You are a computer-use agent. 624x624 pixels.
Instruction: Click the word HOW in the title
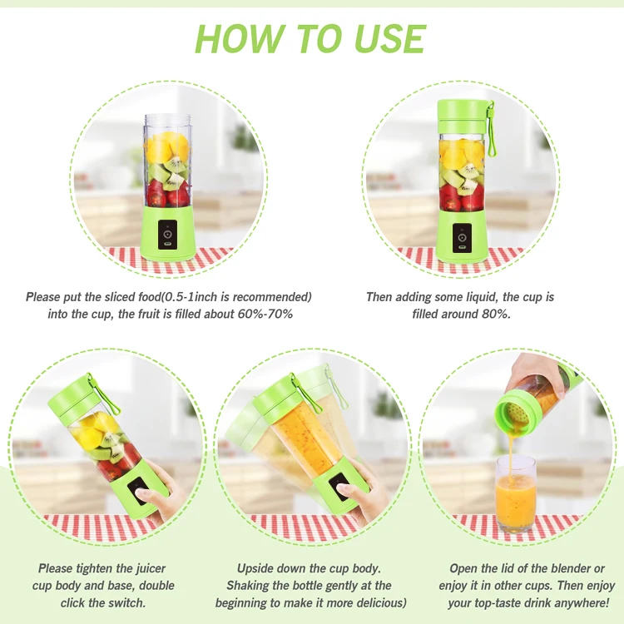tap(238, 38)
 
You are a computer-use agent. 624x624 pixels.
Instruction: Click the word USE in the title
tap(389, 38)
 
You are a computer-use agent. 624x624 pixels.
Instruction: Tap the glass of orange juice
tap(515, 494)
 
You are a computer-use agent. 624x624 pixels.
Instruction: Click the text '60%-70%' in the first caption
tap(265, 314)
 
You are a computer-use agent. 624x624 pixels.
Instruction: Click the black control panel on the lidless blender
tap(167, 235)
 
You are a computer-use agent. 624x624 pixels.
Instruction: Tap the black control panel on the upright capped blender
tap(462, 238)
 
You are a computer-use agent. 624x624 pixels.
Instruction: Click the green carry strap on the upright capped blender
tap(491, 128)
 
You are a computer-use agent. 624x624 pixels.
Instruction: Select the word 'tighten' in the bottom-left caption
tap(93, 568)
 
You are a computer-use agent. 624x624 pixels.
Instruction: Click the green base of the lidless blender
tap(167, 233)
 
